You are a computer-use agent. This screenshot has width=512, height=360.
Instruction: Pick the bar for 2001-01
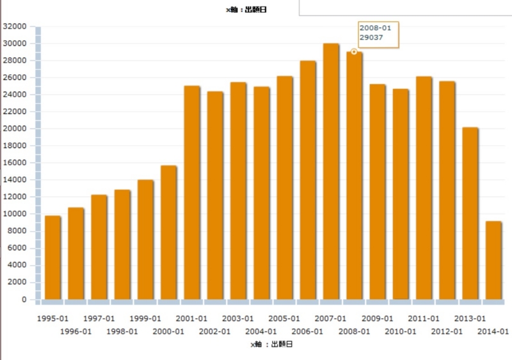click(192, 192)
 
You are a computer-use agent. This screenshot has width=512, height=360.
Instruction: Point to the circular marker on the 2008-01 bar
click(354, 51)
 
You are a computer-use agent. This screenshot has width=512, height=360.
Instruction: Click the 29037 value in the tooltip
click(371, 37)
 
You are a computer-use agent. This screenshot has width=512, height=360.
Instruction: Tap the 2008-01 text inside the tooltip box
click(375, 28)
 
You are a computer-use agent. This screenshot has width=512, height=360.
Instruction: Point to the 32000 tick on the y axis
click(15, 26)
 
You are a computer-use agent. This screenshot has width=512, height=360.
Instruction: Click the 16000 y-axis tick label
click(15, 163)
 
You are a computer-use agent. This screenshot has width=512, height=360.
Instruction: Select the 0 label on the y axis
click(24, 299)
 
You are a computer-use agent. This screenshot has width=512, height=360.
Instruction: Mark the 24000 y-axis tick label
click(15, 95)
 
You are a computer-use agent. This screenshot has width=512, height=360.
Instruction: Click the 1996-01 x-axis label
click(76, 331)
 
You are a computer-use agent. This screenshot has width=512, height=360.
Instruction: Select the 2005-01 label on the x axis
click(284, 318)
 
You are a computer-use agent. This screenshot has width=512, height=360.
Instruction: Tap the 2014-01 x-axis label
click(493, 331)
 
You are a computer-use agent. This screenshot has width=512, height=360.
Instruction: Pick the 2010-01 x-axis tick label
click(400, 331)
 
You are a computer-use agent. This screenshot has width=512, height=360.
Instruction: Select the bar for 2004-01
click(261, 193)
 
